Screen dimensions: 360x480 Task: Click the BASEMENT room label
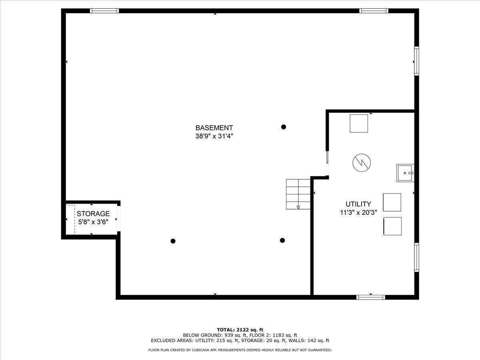(214, 128)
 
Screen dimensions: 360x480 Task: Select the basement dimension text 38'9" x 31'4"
(214, 136)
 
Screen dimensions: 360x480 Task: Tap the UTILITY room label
(358, 204)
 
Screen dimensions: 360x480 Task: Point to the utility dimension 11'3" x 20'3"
(358, 212)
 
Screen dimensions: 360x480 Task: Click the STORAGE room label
(93, 214)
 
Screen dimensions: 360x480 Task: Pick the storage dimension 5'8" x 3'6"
(93, 222)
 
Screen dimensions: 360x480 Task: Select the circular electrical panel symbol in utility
(362, 162)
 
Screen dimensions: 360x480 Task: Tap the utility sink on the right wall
(405, 173)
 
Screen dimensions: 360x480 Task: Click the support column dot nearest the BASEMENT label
(284, 127)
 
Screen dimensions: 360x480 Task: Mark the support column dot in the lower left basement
(173, 241)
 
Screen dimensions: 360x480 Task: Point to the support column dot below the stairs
(282, 240)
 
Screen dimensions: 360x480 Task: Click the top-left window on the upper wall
(104, 11)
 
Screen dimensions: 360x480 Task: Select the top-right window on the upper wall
(374, 11)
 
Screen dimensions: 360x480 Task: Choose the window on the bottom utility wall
(371, 297)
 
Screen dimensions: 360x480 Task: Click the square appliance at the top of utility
(359, 123)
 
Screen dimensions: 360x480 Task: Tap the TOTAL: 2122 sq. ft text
(240, 329)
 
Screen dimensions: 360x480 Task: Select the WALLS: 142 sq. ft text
(311, 341)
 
